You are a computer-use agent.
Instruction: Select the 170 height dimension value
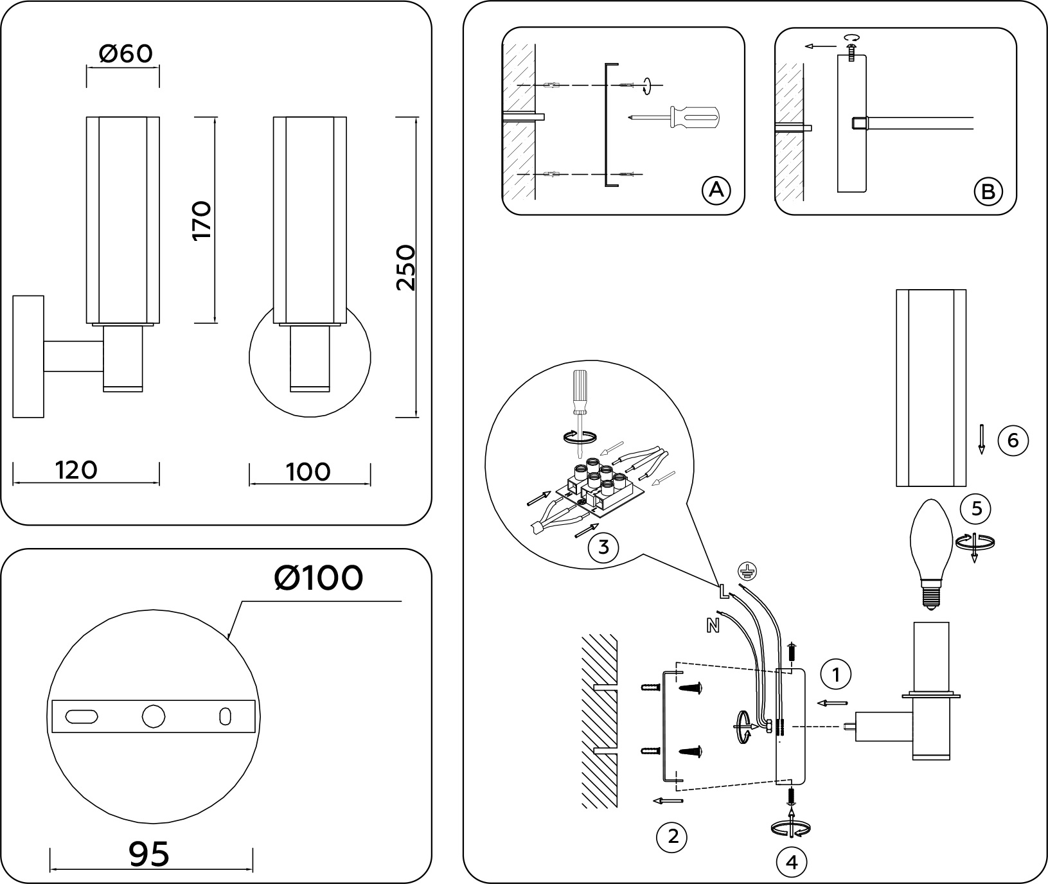pos(202,220)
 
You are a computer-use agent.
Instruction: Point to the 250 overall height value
pos(405,267)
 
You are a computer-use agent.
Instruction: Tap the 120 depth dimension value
pos(76,470)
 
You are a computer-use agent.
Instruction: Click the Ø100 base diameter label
pos(318,578)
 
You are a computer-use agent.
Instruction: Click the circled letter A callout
pos(716,190)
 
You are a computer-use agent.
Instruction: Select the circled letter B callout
pos(988,191)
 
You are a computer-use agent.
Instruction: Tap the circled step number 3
pos(603,547)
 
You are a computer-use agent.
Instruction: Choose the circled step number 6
pos(1013,441)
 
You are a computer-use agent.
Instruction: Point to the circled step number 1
pos(836,675)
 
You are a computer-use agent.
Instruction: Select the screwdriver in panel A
pos(675,118)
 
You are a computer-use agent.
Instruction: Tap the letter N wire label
pos(713,625)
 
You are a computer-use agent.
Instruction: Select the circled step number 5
pos(977,509)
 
